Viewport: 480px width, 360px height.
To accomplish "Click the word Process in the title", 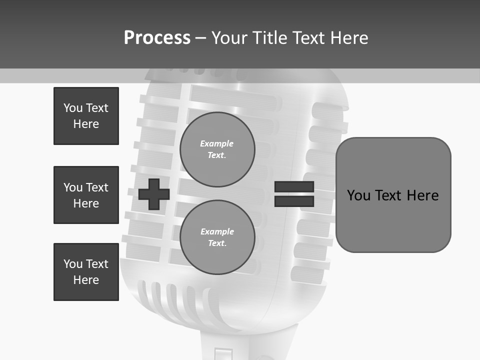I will [157, 38].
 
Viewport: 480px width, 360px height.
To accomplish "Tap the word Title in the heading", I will [270, 38].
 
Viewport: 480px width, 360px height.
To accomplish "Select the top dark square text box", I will [86, 116].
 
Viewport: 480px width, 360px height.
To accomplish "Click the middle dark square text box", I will [86, 195].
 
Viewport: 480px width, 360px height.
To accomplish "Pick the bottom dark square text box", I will [86, 272].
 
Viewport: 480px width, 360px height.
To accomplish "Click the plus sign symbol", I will [154, 194].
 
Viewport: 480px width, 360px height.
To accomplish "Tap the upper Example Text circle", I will [217, 149].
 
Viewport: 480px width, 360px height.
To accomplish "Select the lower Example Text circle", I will [217, 237].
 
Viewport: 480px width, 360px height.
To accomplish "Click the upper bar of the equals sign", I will [294, 187].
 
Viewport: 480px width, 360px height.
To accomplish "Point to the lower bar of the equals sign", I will [294, 201].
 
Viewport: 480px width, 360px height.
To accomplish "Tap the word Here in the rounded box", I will [422, 195].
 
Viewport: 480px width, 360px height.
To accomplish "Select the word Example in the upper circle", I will [217, 143].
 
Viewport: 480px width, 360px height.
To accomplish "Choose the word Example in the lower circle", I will [217, 231].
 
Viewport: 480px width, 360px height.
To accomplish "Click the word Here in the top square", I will [86, 124].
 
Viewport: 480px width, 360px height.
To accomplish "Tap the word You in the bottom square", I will [73, 264].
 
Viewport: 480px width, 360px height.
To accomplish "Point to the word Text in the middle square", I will [97, 187].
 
